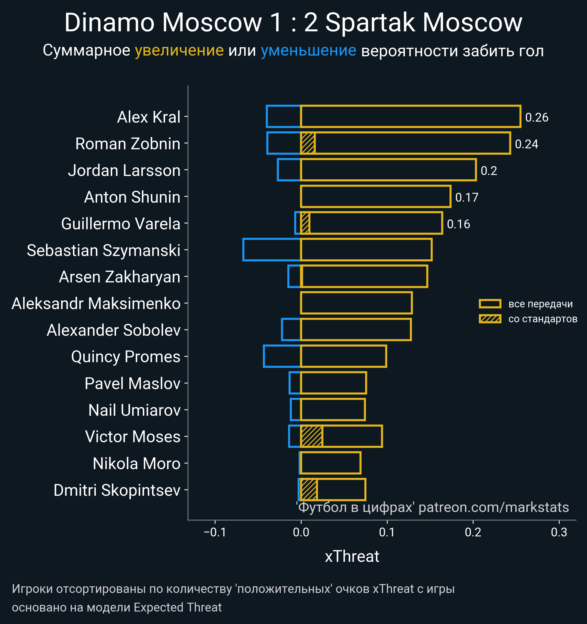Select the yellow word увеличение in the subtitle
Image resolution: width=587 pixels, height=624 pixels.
[x=179, y=51]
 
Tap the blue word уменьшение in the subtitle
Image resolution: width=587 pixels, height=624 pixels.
[x=308, y=51]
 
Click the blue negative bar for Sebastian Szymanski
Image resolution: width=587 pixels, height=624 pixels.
[x=272, y=250]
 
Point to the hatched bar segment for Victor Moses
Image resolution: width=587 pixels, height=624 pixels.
[x=312, y=436]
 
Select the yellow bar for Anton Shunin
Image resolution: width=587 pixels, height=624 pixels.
[x=375, y=196]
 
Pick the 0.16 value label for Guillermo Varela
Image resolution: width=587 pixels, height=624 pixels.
[x=458, y=224]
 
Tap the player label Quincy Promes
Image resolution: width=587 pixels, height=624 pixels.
[x=125, y=357]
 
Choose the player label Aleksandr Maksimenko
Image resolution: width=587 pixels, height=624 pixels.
[x=96, y=303]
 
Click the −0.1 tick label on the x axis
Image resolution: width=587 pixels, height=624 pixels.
[x=215, y=532]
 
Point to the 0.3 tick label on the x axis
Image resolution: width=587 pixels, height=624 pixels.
[x=559, y=532]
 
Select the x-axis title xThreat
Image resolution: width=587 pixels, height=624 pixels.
[x=352, y=556]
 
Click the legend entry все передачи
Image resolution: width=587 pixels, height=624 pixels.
[x=540, y=304]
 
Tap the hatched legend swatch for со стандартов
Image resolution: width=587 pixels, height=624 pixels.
[x=490, y=319]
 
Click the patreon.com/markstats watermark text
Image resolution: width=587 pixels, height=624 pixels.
[x=494, y=507]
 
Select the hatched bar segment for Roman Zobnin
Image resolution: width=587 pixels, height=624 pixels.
[x=308, y=143]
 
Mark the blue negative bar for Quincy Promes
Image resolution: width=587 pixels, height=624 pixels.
[x=282, y=356]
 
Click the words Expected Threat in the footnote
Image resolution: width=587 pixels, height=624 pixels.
[x=178, y=607]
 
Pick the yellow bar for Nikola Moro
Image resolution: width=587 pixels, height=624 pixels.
[x=331, y=463]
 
